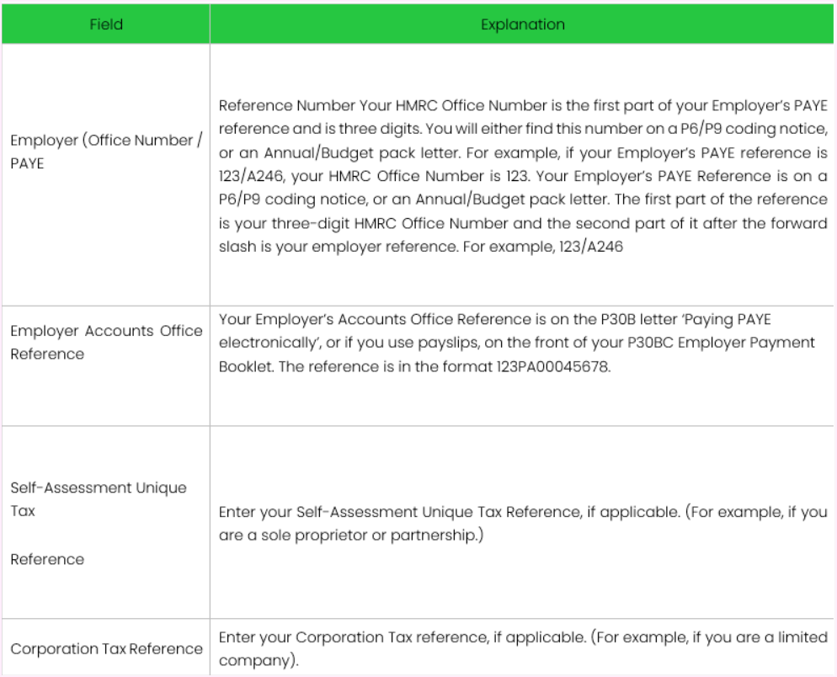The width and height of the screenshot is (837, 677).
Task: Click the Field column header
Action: click(106, 24)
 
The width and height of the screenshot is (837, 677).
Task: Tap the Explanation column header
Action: click(523, 24)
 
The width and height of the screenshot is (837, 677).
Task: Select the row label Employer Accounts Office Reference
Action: click(106, 342)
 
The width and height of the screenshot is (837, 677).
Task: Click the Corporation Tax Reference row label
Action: click(106, 648)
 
